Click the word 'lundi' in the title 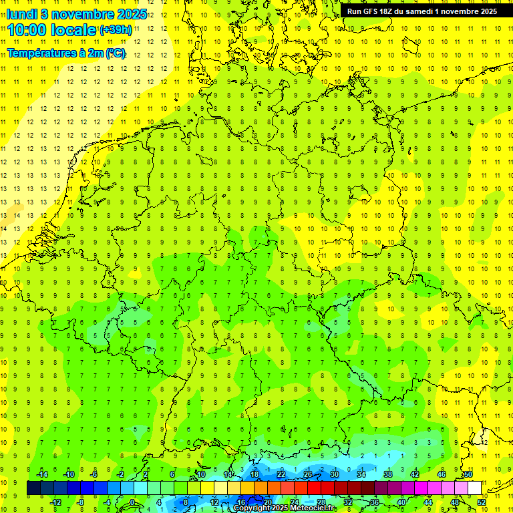pyautogui.click(x=21, y=14)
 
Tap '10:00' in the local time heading pyautogui.click(x=27, y=31)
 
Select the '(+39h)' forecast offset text pyautogui.click(x=116, y=30)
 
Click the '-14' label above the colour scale pyautogui.click(x=42, y=474)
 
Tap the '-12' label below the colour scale pyautogui.click(x=55, y=502)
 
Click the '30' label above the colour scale pyautogui.click(x=335, y=474)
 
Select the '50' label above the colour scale pyautogui.click(x=468, y=474)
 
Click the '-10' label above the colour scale pyautogui.click(x=68, y=474)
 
